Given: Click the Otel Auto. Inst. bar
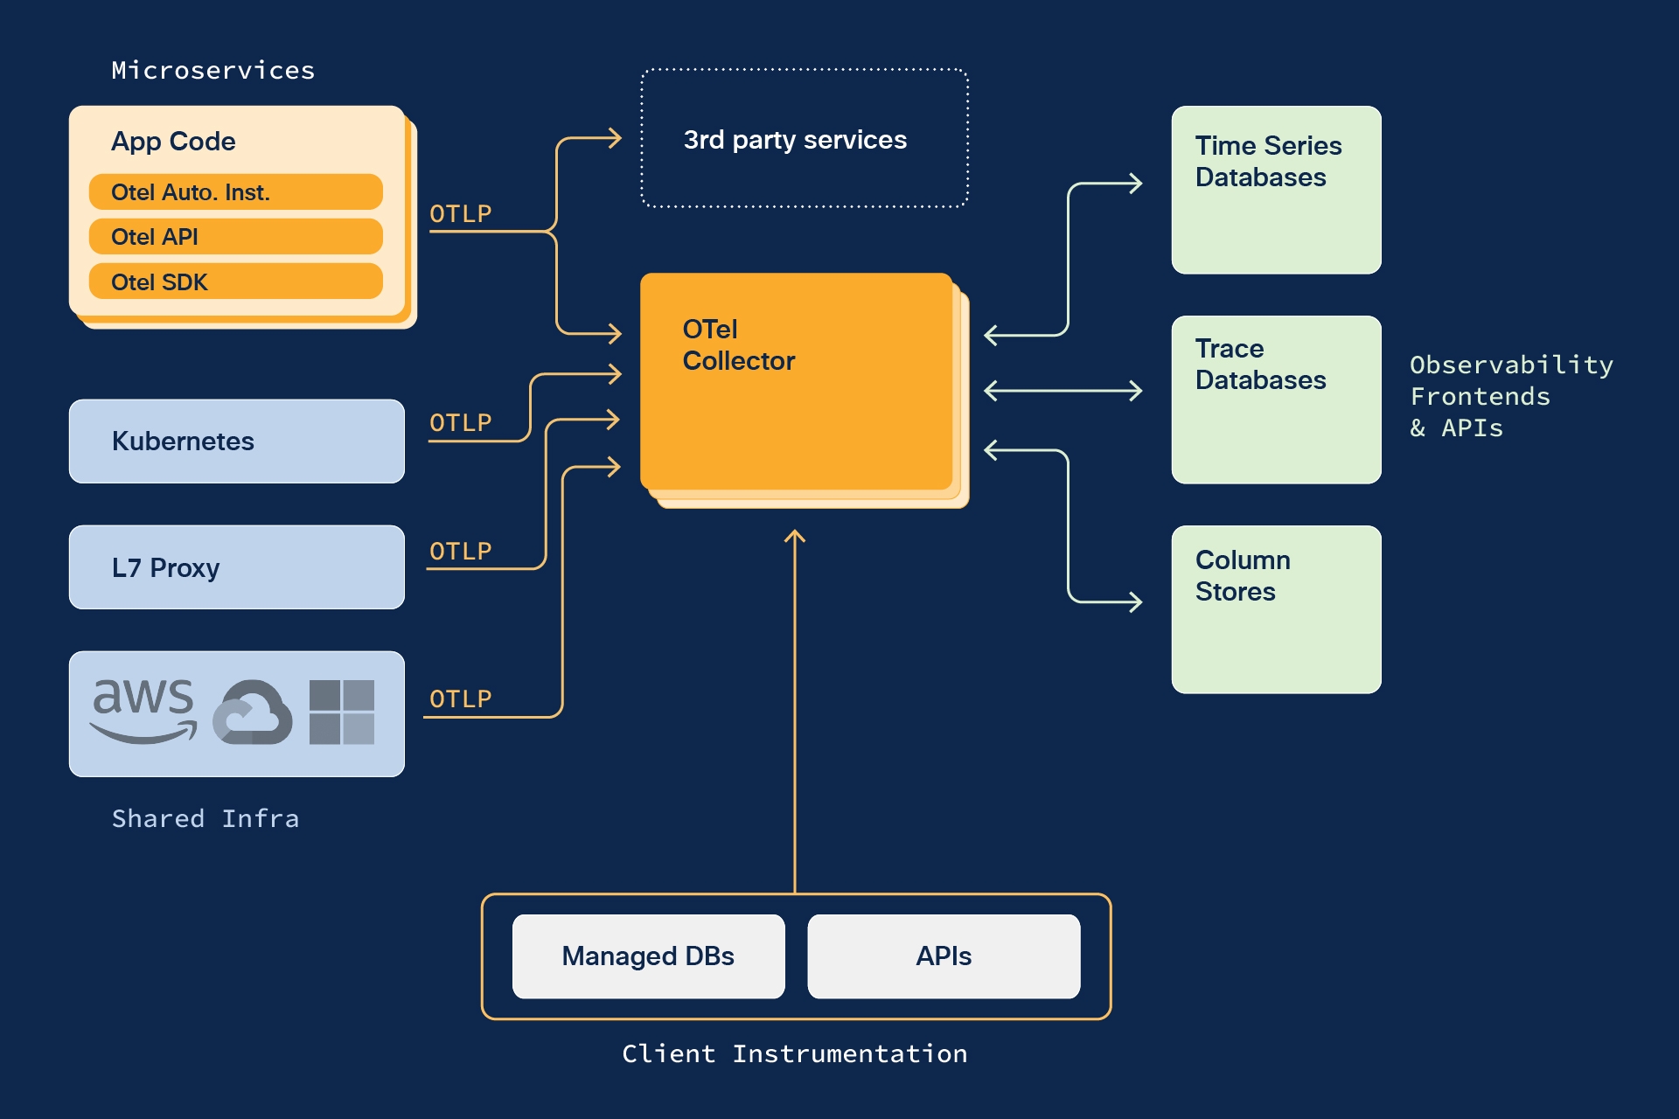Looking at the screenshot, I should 235,192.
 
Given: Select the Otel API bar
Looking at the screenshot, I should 235,237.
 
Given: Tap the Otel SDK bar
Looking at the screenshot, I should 235,281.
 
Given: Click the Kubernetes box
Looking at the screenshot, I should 236,441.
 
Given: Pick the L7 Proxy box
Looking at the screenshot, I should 236,567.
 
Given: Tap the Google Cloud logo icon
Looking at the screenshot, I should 253,712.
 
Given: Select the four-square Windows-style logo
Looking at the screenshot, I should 342,712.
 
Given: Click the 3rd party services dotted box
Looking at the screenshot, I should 805,138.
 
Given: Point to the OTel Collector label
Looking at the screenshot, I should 738,345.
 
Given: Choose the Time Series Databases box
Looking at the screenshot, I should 1276,190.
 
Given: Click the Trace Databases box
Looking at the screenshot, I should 1276,400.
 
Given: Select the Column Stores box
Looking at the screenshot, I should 1276,609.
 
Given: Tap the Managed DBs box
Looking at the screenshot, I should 648,956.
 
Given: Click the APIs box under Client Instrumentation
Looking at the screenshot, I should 944,956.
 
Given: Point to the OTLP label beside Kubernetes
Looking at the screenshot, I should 461,423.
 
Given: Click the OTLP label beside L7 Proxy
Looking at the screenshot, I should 461,552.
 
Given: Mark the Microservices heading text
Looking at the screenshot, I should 213,71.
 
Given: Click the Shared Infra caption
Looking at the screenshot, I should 206,819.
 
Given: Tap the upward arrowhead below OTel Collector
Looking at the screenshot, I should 794,536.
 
